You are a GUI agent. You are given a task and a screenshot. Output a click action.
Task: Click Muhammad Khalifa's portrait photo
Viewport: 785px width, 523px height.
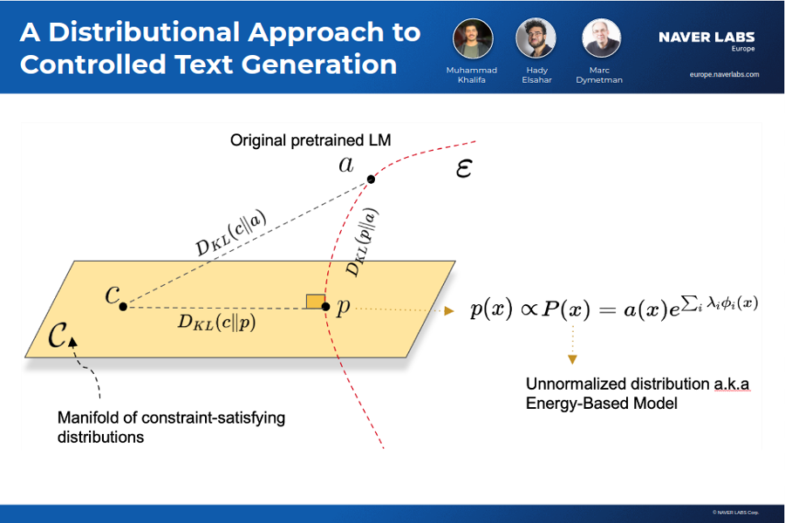(473, 38)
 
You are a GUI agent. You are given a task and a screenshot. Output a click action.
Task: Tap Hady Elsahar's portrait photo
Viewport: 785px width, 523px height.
(536, 38)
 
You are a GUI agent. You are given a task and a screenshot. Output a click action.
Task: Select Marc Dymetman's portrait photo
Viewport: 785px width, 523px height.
(601, 38)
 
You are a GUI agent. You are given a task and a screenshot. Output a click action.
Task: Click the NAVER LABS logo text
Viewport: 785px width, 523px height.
(706, 37)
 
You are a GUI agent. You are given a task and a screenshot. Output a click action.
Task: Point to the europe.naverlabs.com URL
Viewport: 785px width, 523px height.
(724, 75)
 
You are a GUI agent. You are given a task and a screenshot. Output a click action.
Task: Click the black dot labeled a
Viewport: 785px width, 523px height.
(371, 180)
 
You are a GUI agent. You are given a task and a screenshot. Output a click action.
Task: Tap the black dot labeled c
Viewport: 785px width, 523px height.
(123, 306)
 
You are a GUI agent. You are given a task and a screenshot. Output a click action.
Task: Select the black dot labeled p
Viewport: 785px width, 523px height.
(325, 306)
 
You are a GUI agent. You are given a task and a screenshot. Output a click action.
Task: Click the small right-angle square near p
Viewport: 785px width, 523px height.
(316, 302)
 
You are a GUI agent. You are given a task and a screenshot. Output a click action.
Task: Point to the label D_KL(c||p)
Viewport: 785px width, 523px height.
(217, 322)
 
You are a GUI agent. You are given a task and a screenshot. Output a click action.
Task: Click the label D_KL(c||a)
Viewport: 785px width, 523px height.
(231, 233)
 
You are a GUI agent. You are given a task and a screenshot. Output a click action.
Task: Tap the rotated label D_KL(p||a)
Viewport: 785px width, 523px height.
(363, 242)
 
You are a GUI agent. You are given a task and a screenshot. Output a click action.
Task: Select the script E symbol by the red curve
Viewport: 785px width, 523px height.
(464, 168)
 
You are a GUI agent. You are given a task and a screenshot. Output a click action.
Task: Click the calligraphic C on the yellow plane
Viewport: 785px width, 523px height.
(57, 335)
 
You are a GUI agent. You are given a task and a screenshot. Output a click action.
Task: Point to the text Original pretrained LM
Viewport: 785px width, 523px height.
(311, 140)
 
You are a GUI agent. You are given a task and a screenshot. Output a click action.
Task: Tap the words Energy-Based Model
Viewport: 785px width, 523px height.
(601, 403)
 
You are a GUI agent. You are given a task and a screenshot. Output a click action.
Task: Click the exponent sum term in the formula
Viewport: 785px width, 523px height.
(720, 302)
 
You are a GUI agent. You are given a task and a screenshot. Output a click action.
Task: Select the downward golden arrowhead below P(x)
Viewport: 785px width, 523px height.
(573, 359)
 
